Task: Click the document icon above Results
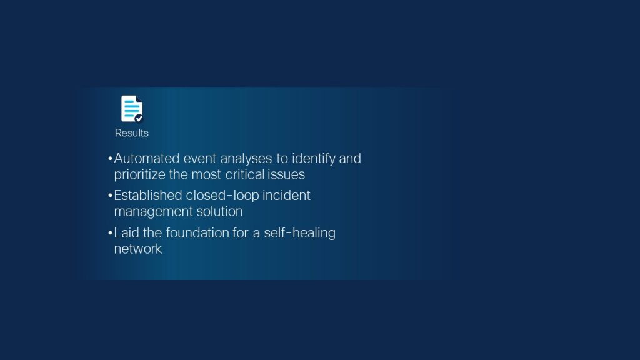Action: pos(132,109)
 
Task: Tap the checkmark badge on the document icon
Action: pos(139,118)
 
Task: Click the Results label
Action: pos(132,133)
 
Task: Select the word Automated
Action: pos(147,158)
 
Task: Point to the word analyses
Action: pos(246,158)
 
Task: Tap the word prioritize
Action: pos(139,175)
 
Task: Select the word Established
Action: pos(148,196)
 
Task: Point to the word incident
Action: pos(286,196)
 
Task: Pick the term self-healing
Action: pos(299,232)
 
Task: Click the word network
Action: pos(138,249)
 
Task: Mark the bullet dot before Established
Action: pos(110,196)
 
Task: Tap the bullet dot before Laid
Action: pos(110,233)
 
